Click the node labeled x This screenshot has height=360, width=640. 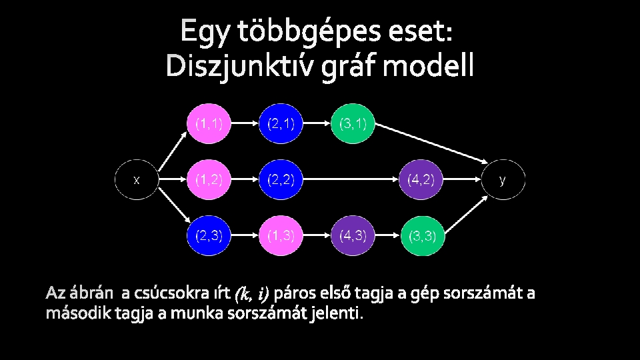coord(137,179)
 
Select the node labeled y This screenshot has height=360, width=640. coord(503,179)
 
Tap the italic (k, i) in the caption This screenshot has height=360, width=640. coord(252,293)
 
